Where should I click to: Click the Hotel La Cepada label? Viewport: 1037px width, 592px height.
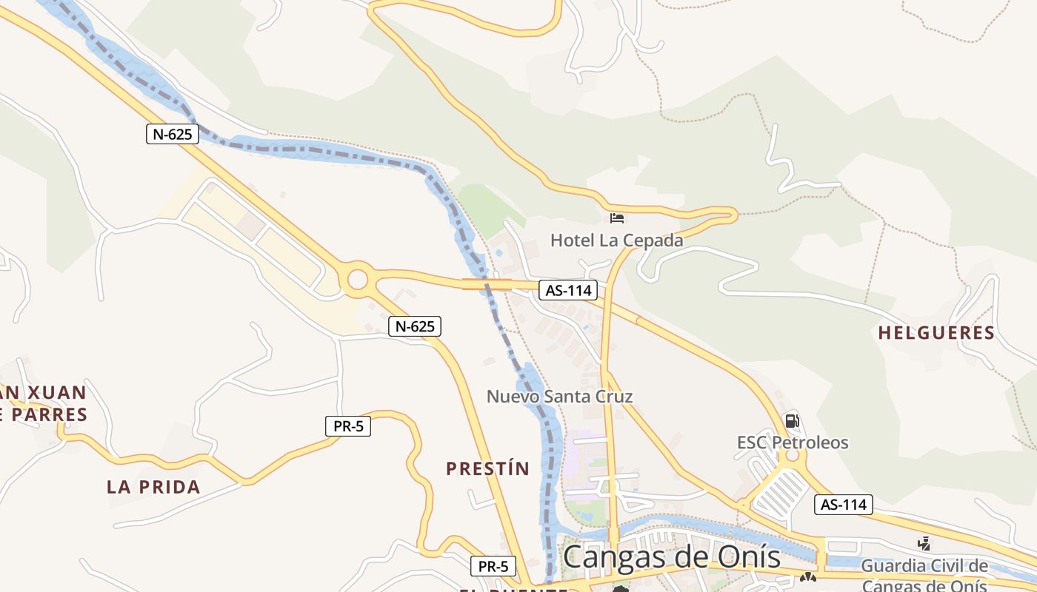[616, 240]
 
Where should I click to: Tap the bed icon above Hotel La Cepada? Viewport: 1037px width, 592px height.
[616, 218]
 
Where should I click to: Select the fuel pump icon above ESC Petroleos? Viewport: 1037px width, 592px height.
[792, 421]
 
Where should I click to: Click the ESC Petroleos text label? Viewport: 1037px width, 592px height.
[792, 443]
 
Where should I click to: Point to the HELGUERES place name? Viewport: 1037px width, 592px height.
[936, 333]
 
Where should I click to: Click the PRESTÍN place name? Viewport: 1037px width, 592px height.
[487, 468]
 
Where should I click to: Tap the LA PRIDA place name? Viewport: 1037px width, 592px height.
[153, 487]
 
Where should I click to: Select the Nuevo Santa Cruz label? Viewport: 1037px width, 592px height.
[559, 396]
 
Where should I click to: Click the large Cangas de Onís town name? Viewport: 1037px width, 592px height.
[671, 557]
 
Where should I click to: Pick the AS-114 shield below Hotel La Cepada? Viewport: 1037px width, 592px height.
[568, 290]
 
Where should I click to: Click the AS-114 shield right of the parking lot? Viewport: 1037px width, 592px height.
[844, 505]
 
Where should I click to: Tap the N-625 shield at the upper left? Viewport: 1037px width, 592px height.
[173, 134]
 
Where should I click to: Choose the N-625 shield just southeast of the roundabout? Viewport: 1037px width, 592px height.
[414, 326]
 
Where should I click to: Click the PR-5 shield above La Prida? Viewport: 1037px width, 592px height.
[347, 426]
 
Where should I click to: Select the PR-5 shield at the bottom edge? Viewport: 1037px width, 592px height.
[493, 567]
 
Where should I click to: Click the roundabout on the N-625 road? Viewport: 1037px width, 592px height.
[358, 280]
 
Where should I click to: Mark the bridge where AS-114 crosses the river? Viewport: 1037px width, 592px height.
[487, 284]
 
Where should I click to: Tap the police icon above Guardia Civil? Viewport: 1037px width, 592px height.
[924, 544]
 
